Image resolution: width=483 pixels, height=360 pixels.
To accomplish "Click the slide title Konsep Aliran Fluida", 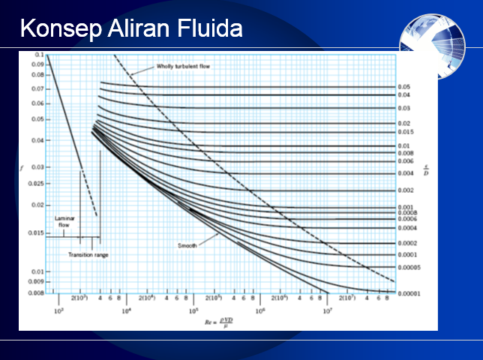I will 131,28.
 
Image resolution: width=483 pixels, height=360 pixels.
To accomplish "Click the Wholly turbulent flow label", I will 184,66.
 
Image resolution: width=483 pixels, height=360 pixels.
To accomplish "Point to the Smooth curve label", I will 187,246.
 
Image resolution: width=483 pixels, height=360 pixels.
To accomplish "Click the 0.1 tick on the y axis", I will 38,56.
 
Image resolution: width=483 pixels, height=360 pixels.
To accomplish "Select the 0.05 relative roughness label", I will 403,88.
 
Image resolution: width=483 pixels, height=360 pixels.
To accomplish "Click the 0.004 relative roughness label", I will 405,174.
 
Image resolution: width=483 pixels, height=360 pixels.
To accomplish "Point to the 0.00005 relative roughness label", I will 409,268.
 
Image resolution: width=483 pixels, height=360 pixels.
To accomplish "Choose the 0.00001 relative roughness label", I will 409,293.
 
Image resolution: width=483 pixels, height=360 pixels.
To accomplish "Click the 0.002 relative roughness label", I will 405,190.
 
